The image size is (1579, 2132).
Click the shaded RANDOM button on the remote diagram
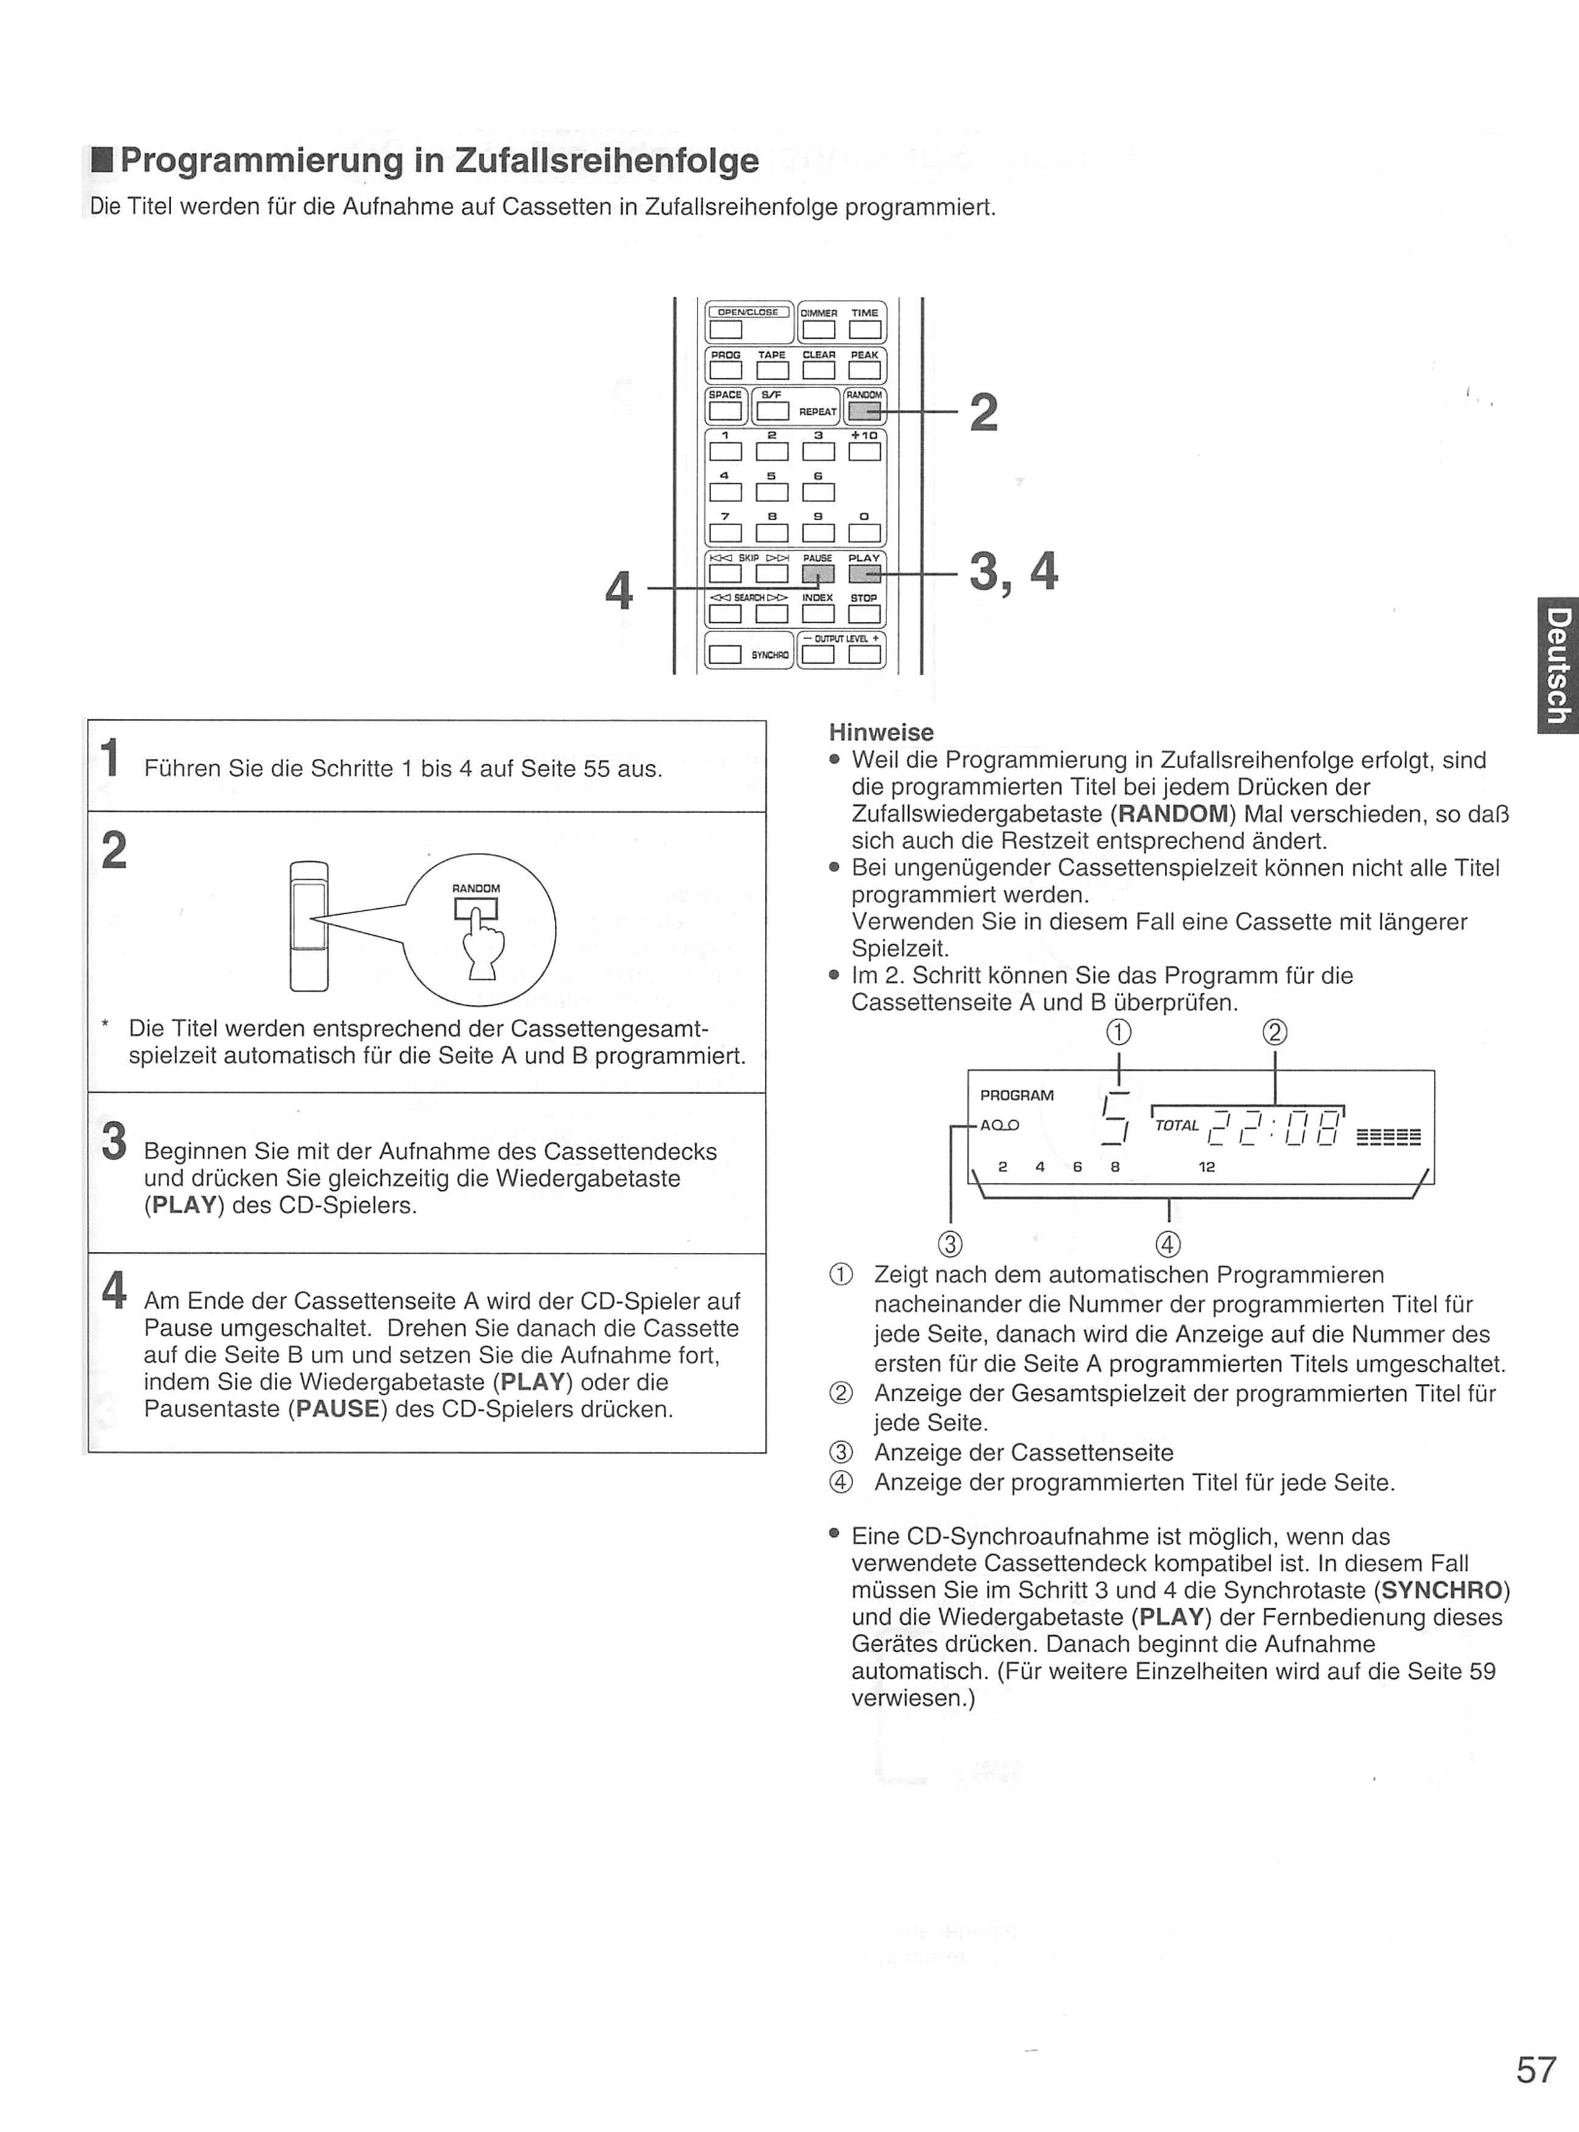pyautogui.click(x=864, y=412)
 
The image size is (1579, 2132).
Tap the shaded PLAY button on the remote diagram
pyautogui.click(x=864, y=573)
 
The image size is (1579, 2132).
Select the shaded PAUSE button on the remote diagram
pyautogui.click(x=818, y=573)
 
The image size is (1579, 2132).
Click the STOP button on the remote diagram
pyautogui.click(x=864, y=613)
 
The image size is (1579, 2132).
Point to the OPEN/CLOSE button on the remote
pyautogui.click(x=726, y=330)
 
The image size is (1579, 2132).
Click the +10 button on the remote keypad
pyautogui.click(x=864, y=451)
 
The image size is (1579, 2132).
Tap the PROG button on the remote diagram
pyautogui.click(x=726, y=370)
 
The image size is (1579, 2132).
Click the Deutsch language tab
pyautogui.click(x=1557, y=666)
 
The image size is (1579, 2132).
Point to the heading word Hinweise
pyautogui.click(x=881, y=733)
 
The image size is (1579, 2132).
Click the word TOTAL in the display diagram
pyautogui.click(x=1176, y=1126)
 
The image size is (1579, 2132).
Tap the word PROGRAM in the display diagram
pyautogui.click(x=1017, y=1095)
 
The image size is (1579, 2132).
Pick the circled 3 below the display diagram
pyautogui.click(x=950, y=1244)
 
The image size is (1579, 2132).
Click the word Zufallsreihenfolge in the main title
pyautogui.click(x=607, y=161)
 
